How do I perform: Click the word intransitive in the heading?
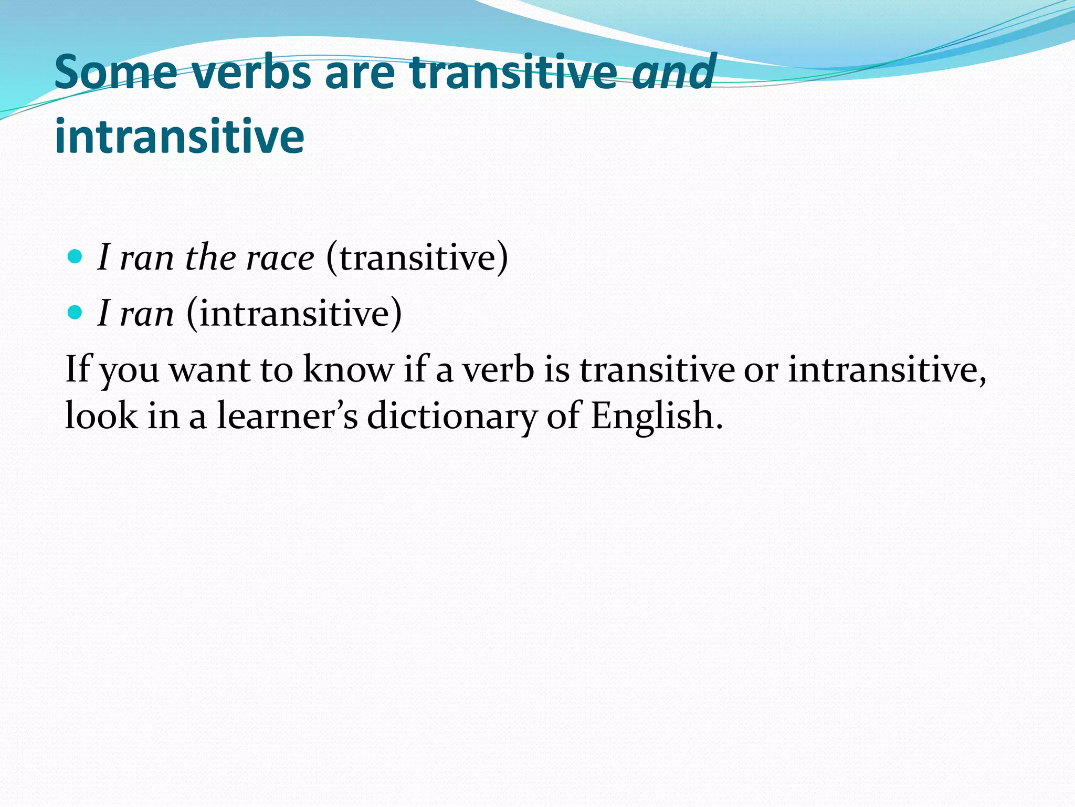tap(179, 137)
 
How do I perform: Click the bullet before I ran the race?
tap(76, 257)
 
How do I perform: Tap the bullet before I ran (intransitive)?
tap(76, 313)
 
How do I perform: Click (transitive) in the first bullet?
tap(417, 258)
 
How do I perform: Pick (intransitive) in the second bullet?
tap(294, 314)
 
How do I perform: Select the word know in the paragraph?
tap(348, 369)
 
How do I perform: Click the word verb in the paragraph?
tap(498, 369)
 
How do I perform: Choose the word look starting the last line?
tap(101, 415)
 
